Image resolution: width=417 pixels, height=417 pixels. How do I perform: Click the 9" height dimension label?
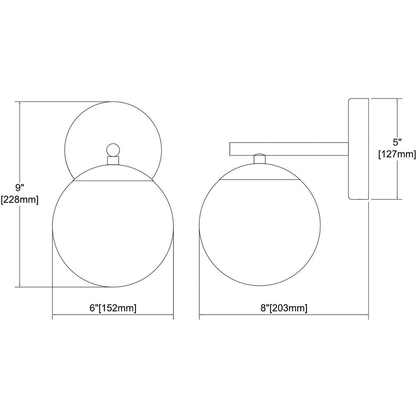pyautogui.click(x=20, y=188)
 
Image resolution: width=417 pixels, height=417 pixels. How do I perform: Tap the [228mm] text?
pyautogui.click(x=20, y=199)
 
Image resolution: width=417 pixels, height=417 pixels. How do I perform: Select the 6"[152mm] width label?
pyautogui.click(x=113, y=308)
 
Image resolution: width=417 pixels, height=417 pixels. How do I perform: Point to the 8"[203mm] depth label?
pyautogui.click(x=284, y=308)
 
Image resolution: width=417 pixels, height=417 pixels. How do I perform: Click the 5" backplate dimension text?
pyautogui.click(x=397, y=142)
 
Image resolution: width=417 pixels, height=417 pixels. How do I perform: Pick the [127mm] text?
pyautogui.click(x=397, y=154)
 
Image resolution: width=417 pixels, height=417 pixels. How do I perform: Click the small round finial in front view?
pyautogui.click(x=113, y=150)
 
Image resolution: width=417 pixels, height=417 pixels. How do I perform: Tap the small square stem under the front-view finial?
pyautogui.click(x=113, y=161)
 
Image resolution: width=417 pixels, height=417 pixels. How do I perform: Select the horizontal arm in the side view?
pyautogui.click(x=289, y=149)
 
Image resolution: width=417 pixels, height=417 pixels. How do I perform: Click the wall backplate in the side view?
pyautogui.click(x=358, y=149)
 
